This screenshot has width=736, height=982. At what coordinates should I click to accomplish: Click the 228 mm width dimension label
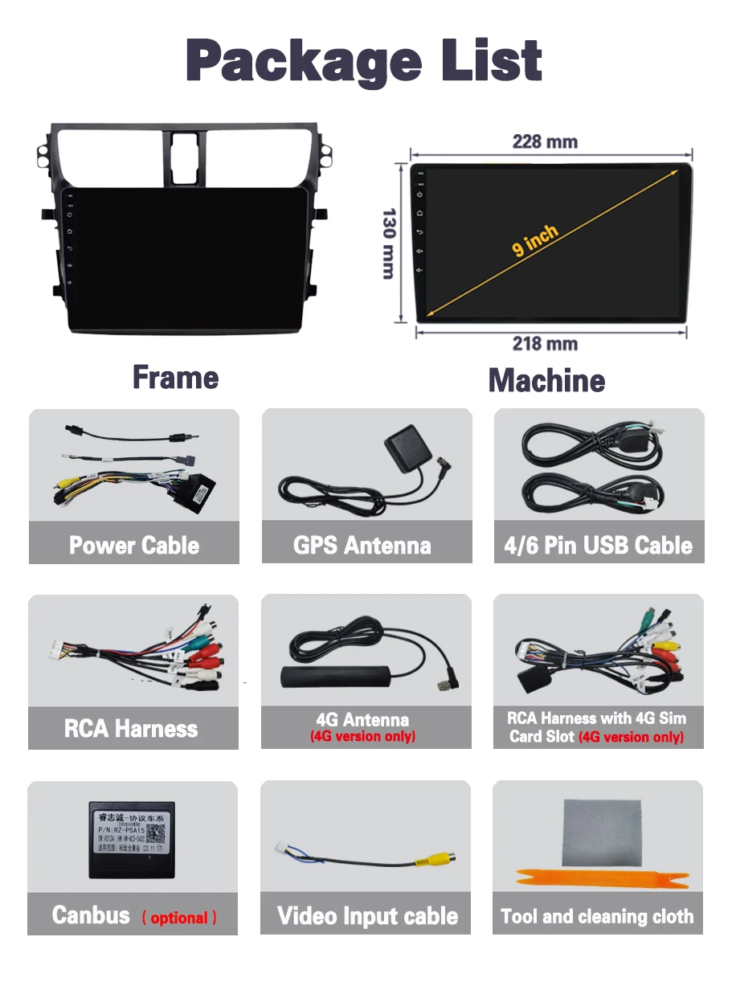tap(545, 142)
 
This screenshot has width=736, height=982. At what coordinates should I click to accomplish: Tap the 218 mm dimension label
tap(545, 344)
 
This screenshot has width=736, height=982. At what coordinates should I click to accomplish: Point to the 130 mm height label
tap(389, 243)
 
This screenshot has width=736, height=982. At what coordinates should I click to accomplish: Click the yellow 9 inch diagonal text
tap(534, 240)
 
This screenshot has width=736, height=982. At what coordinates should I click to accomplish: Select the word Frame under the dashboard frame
tap(175, 378)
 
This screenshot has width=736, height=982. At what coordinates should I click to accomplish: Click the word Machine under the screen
tap(546, 380)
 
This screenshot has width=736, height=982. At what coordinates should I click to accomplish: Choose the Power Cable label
tap(134, 546)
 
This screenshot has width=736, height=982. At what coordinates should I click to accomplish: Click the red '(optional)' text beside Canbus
tap(179, 918)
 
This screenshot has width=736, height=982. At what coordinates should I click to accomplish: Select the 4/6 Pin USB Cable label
tap(598, 546)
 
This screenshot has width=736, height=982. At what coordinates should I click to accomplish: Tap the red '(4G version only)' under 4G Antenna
tap(363, 736)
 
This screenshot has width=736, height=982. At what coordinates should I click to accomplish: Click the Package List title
tap(364, 59)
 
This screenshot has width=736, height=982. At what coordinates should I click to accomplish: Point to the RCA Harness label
tap(131, 729)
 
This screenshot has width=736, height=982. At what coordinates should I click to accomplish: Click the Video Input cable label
tap(367, 916)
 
